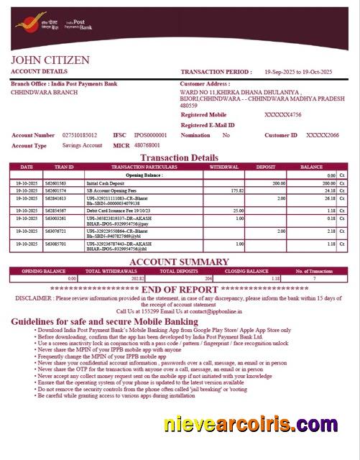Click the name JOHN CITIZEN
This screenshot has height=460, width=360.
[x=50, y=60]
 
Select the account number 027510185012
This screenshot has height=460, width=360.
[x=80, y=135]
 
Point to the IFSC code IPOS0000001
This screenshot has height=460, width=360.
[x=150, y=135]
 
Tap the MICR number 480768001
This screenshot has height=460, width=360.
[x=147, y=145]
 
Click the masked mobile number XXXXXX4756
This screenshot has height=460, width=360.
[x=283, y=115]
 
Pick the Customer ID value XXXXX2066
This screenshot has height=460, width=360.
[x=322, y=135]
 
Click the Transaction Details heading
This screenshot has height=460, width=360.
[x=180, y=157]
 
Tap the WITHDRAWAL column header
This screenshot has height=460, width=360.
[x=224, y=167]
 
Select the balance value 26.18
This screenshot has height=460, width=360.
[x=330, y=198]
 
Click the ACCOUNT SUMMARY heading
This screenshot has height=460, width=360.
[x=180, y=262]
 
